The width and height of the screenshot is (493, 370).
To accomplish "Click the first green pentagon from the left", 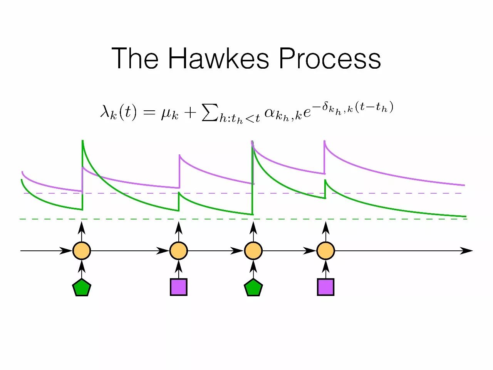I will (82, 288).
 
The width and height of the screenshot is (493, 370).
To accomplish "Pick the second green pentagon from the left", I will (253, 288).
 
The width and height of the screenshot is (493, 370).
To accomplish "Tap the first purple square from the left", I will (179, 287).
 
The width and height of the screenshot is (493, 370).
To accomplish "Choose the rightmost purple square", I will (326, 287).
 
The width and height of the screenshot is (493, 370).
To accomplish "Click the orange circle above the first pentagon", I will (82, 251).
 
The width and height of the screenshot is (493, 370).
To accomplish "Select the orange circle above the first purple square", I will (179, 251).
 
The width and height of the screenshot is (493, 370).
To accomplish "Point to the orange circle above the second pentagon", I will (253, 251).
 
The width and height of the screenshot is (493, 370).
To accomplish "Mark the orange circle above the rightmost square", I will (326, 251).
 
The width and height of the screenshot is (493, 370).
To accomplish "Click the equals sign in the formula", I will (149, 113).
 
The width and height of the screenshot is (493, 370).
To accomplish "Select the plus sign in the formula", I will (190, 113).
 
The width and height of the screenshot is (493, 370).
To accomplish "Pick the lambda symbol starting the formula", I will (105, 112).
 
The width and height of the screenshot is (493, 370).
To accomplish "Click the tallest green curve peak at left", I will (82, 142).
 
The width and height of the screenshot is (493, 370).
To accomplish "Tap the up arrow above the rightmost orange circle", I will (326, 228).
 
